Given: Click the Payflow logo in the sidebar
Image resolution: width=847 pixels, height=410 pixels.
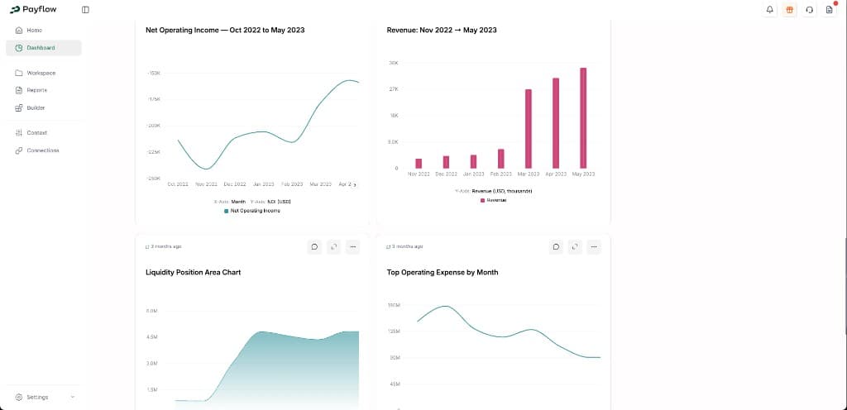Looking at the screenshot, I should pos(33,10).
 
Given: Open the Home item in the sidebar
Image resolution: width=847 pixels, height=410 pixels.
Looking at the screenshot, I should pos(34,30).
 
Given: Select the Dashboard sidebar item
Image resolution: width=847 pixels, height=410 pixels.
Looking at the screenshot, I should pos(40,48).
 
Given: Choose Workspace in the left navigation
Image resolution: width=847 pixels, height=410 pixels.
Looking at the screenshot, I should pos(41,73).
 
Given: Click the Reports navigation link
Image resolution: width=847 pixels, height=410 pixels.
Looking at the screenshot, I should pos(36,90).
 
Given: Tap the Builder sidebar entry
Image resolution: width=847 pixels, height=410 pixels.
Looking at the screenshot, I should pos(36,107).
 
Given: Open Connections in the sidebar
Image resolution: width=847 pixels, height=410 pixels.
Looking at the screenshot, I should pos(42,150).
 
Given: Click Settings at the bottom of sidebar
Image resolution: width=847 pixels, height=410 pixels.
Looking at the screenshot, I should pos(37,397).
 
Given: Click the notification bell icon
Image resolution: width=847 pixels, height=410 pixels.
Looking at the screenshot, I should pos(769,10).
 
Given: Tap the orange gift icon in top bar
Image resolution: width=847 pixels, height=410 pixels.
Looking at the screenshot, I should pos(789,10).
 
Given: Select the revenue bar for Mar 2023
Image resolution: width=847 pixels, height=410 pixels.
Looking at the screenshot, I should pos(529,128).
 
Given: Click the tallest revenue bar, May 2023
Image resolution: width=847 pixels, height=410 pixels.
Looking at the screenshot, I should pos(583,117).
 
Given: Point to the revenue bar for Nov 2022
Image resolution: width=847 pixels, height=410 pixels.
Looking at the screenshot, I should pos(419,164).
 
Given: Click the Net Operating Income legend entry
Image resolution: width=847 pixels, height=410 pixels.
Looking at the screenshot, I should pos(252,211).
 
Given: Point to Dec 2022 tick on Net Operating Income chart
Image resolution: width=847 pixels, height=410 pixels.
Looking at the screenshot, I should pos(234,184).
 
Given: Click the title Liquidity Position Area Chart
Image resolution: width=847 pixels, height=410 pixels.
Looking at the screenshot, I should pos(193,272).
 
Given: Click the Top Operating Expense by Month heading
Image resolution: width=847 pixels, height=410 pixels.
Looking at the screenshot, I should pos(443,272).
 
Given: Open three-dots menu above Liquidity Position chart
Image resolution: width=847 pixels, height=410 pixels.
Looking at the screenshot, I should pos(352,246).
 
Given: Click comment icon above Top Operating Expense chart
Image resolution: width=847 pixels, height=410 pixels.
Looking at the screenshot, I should pos(556,246).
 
